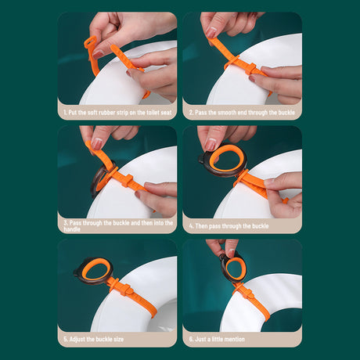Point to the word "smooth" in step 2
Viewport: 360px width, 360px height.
click(x=222, y=113)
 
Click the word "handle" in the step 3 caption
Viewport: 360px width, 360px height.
click(x=73, y=230)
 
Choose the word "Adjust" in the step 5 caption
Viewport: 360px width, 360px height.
click(x=77, y=340)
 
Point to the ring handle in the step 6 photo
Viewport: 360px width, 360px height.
click(x=234, y=268)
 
